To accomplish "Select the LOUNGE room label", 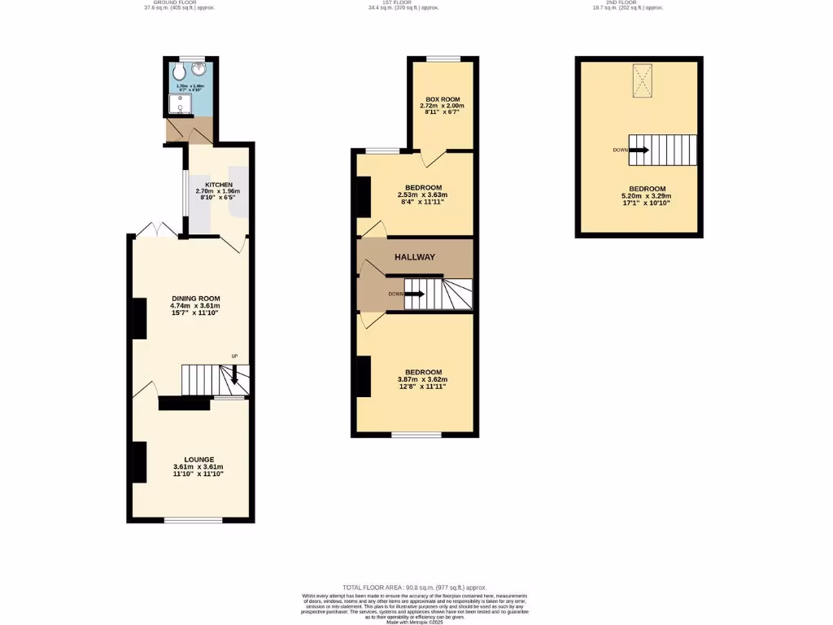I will point(198,460).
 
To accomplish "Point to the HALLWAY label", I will point(415,257).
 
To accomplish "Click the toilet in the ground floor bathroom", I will point(180,72).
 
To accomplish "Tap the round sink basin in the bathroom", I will point(201,69).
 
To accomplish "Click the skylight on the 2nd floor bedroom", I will point(643,80).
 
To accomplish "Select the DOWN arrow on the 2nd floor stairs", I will point(639,150).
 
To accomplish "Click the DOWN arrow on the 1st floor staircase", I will point(414,294).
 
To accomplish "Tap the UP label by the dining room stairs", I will point(234,356).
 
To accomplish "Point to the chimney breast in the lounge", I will point(139,461).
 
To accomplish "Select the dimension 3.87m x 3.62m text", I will point(421,379).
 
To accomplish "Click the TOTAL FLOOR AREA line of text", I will point(415,587).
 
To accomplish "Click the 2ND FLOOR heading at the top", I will point(626,3).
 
